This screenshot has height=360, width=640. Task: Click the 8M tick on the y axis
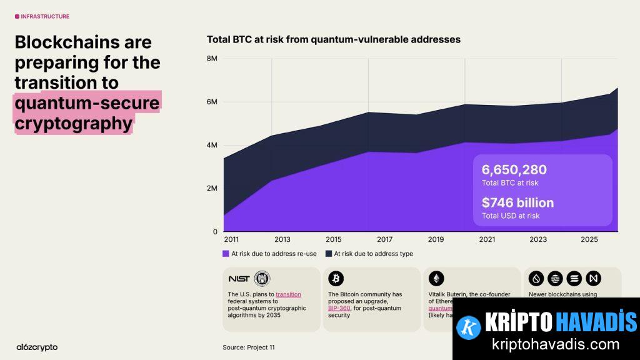point(211,58)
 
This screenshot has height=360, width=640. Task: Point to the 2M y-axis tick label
point(211,188)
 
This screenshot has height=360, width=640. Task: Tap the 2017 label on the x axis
point(384,239)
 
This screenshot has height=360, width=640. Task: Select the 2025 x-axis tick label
point(589,239)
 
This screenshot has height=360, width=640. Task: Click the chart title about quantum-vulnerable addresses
point(333,39)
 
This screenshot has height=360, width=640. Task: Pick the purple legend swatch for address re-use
point(226,254)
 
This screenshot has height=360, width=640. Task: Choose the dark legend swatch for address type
point(328,254)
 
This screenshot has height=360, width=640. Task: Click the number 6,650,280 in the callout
point(514,169)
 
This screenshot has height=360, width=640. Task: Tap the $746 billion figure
point(517,202)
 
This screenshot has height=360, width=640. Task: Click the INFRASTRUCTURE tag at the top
point(45,16)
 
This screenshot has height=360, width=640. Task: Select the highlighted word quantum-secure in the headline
point(87,102)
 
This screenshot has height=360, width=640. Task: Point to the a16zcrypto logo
point(37,347)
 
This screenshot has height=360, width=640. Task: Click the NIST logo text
point(238,279)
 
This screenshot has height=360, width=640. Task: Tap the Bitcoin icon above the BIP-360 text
point(336,279)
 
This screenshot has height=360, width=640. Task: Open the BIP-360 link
point(339,308)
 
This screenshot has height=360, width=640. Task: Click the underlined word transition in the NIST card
point(288,294)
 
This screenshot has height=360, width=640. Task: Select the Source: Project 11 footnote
point(248,347)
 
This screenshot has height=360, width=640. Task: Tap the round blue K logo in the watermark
point(468,327)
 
